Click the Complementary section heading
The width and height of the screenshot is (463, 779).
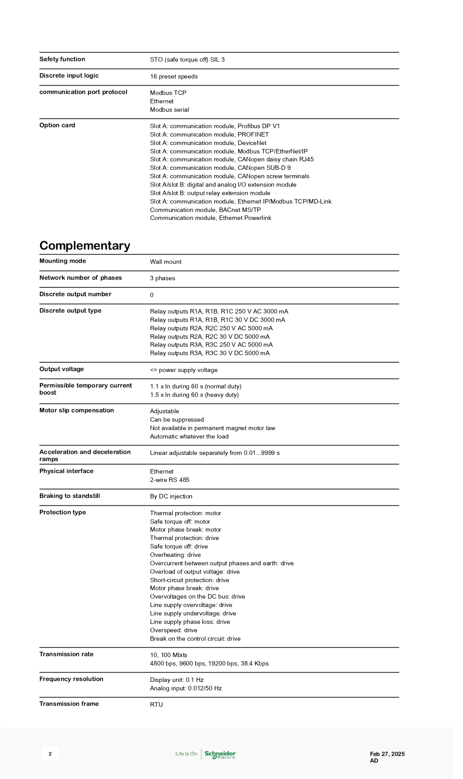coord(85,246)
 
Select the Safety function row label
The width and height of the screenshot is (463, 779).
coord(62,59)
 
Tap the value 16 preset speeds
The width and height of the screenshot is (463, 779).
coord(174,77)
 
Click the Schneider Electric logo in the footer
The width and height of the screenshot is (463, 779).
coord(220,754)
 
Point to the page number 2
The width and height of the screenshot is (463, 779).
coord(50,754)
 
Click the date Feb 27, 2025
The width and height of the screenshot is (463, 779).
coord(387,754)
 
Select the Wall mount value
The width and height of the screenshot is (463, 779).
coord(166,262)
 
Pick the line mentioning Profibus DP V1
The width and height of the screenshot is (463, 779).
coord(215,126)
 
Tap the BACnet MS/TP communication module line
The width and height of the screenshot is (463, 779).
coord(205,210)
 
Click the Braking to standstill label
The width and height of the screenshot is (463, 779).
coord(69,496)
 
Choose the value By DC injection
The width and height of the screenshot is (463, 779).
coord(171,497)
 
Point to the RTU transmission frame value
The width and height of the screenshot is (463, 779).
coord(156,705)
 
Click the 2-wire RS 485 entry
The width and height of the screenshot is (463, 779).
coord(170,480)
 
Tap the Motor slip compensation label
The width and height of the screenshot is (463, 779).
coord(77,411)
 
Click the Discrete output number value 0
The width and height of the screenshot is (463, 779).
coord(152,295)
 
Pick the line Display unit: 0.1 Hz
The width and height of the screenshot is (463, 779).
coord(177,680)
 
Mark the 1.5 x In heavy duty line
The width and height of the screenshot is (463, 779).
coord(194,395)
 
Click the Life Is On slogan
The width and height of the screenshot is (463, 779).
coord(186,754)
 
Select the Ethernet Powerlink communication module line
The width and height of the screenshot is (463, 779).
coord(210,218)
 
